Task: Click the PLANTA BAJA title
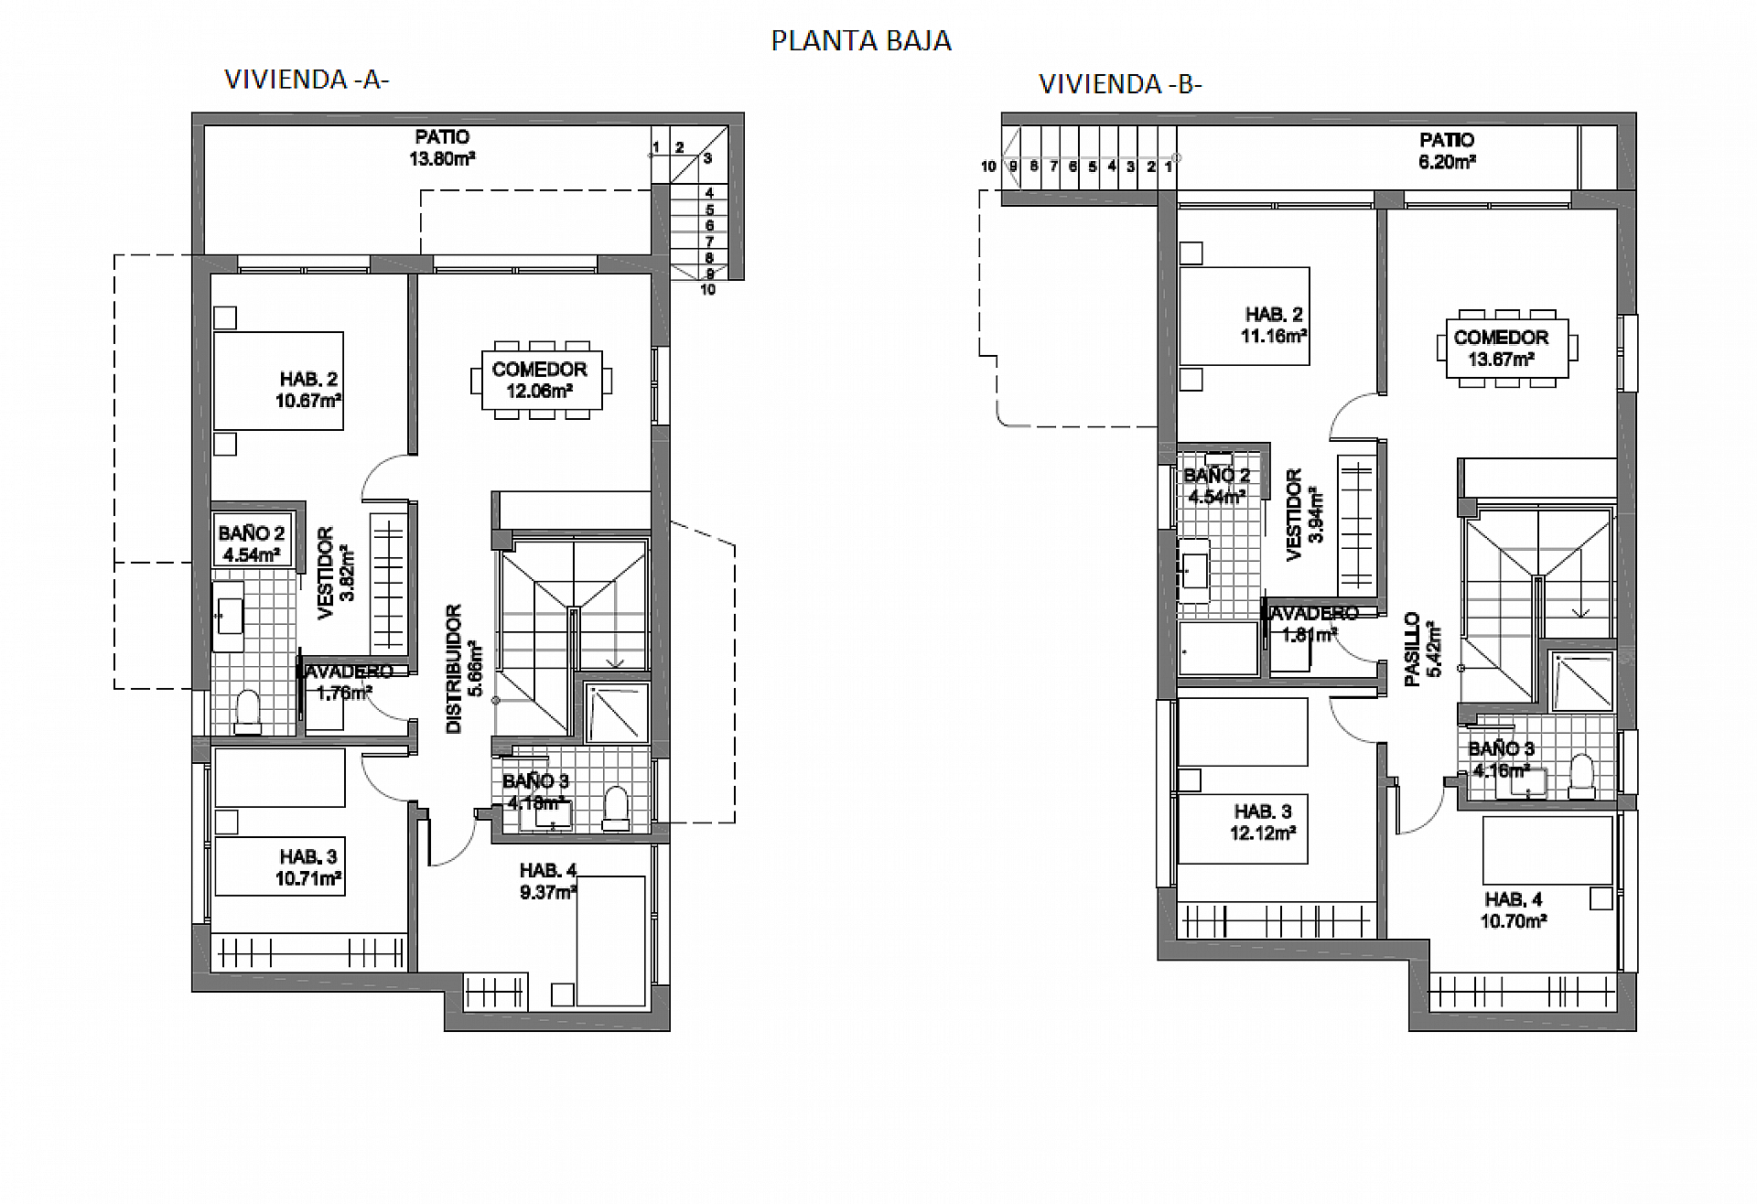click(x=861, y=41)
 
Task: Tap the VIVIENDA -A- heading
click(x=307, y=80)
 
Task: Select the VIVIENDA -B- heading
click(x=1120, y=84)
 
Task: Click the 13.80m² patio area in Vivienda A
click(x=442, y=158)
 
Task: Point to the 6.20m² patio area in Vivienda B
click(x=1447, y=162)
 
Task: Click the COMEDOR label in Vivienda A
click(x=539, y=370)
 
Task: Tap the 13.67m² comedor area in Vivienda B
click(x=1501, y=360)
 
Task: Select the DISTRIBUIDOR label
click(x=454, y=669)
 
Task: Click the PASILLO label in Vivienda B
click(x=1412, y=649)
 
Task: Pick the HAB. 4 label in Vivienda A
click(x=548, y=870)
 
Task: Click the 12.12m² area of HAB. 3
click(x=1263, y=833)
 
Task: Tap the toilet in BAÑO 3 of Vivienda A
click(x=617, y=808)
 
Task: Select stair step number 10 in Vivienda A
click(x=707, y=290)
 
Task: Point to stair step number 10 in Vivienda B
click(x=988, y=167)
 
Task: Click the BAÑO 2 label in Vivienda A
click(x=252, y=533)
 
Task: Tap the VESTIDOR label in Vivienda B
click(x=1294, y=514)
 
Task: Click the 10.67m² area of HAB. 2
click(x=308, y=401)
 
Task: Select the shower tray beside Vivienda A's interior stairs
click(x=617, y=711)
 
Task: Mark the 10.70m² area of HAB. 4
click(x=1514, y=921)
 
